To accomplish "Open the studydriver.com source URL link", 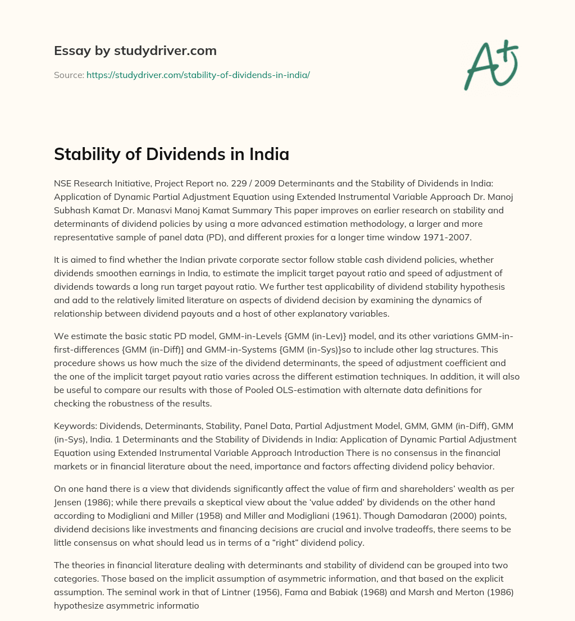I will coord(198,75).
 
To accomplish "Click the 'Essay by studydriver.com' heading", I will coord(135,51).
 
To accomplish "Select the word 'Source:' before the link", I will coord(69,75).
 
